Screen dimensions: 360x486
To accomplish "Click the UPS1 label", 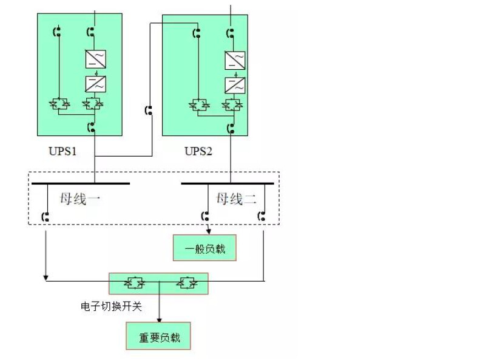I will (x=62, y=151).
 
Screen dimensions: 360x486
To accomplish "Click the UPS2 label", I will (x=198, y=151).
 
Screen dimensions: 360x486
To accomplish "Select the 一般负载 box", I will (x=204, y=248).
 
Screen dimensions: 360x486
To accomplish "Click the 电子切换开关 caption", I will (x=111, y=307).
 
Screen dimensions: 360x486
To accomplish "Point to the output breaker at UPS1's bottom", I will (x=92, y=128).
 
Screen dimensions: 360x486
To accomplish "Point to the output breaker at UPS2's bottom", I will (x=231, y=128).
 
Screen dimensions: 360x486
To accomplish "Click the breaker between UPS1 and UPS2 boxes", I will (x=149, y=110).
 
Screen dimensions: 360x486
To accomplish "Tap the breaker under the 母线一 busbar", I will (x=46, y=216).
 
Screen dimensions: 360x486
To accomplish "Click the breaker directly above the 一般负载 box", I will (x=206, y=215).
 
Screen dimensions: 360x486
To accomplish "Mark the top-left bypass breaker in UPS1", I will (x=58, y=32).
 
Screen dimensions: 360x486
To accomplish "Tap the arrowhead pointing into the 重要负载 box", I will (x=159, y=319).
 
